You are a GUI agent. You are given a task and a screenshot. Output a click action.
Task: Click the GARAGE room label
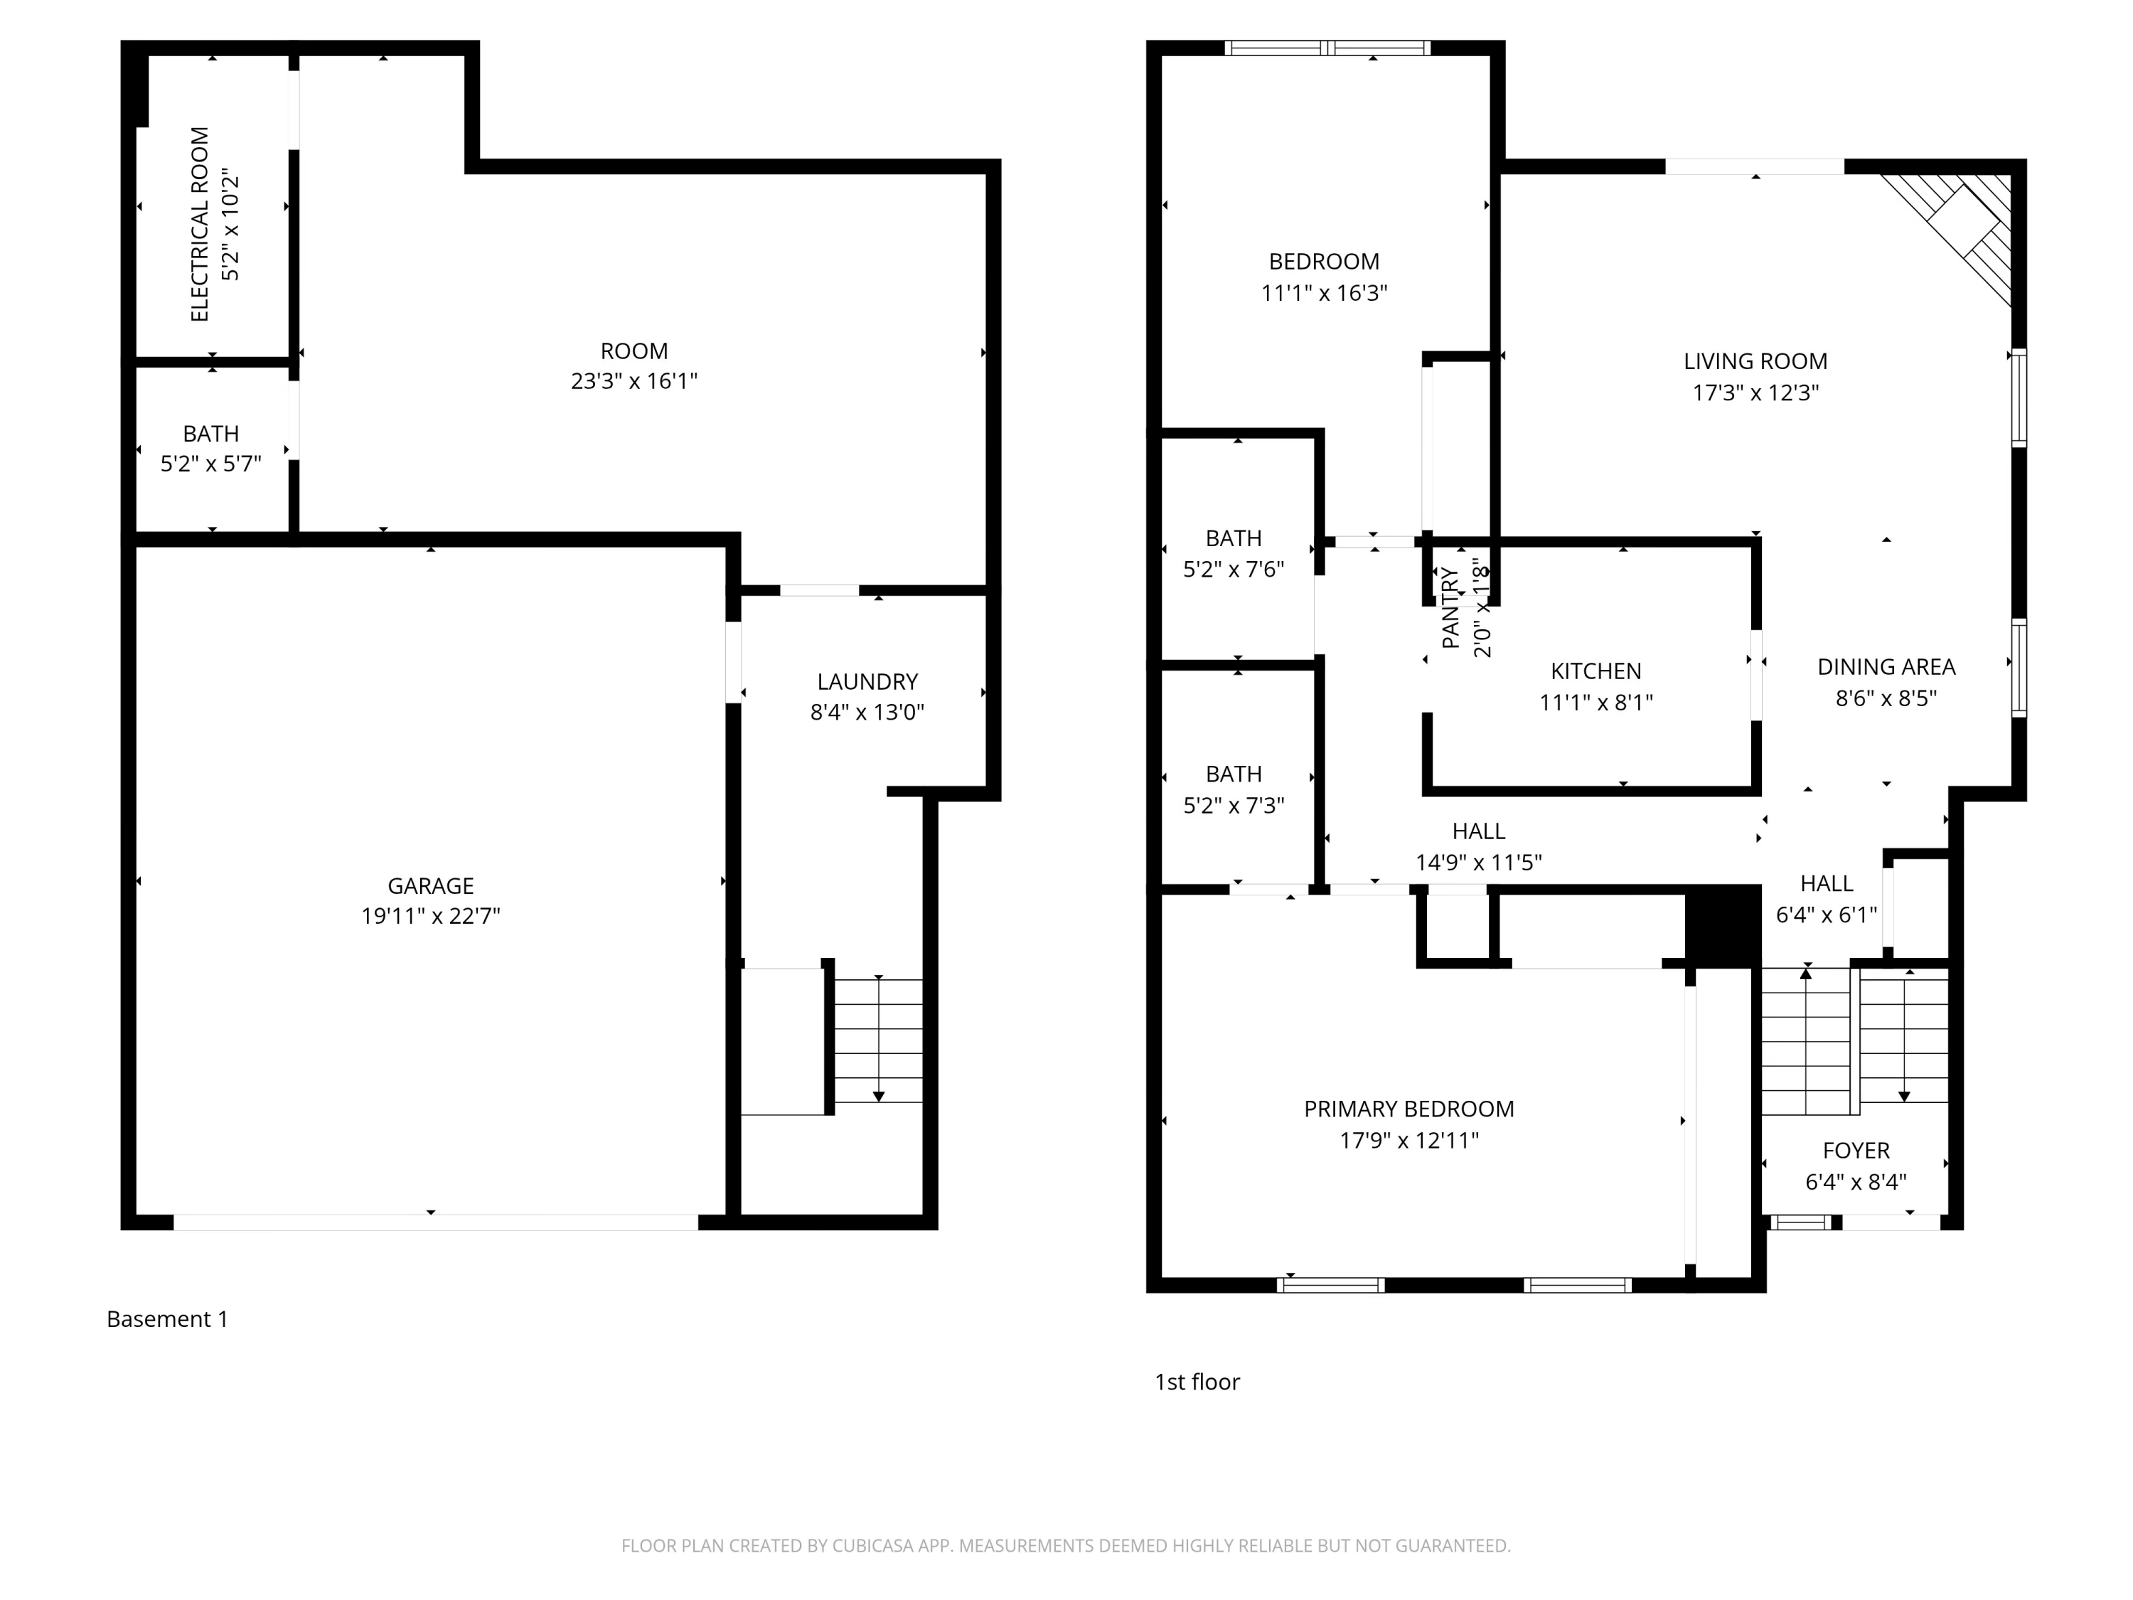[x=430, y=885]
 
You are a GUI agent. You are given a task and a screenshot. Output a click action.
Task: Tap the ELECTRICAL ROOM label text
[x=200, y=224]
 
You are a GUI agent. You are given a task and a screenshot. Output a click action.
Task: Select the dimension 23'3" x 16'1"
[x=634, y=382]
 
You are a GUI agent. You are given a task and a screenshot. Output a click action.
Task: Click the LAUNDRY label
[x=867, y=682]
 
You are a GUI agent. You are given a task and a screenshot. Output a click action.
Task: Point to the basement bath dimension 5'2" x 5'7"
[x=210, y=464]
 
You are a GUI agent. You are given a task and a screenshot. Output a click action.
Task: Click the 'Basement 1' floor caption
[x=168, y=1318]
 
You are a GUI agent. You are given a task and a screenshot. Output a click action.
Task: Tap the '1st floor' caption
[x=1197, y=1382]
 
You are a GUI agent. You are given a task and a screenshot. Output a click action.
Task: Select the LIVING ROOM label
[x=1755, y=362]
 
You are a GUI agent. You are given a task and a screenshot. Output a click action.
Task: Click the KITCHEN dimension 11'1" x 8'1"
[x=1596, y=702]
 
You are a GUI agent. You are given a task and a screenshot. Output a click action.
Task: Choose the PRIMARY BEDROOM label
[x=1408, y=1109]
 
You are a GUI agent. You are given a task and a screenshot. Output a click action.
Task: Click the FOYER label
[x=1855, y=1151]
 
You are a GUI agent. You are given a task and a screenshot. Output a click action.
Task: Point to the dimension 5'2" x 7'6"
[x=1234, y=569]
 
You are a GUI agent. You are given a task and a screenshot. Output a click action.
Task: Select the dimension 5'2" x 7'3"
[x=1234, y=805]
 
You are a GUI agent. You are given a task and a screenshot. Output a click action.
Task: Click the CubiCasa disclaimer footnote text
[x=1066, y=1546]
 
